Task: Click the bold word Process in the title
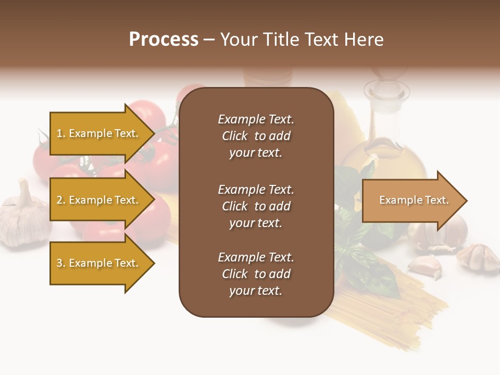click(164, 40)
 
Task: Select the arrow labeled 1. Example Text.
click(99, 133)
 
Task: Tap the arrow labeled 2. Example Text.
click(99, 200)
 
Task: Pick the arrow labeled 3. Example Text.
click(99, 263)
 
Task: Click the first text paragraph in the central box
click(256, 136)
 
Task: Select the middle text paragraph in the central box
click(256, 206)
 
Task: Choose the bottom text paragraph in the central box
click(256, 274)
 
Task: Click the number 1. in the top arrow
click(60, 133)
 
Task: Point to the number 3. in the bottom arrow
click(60, 263)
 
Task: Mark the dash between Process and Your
click(209, 40)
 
